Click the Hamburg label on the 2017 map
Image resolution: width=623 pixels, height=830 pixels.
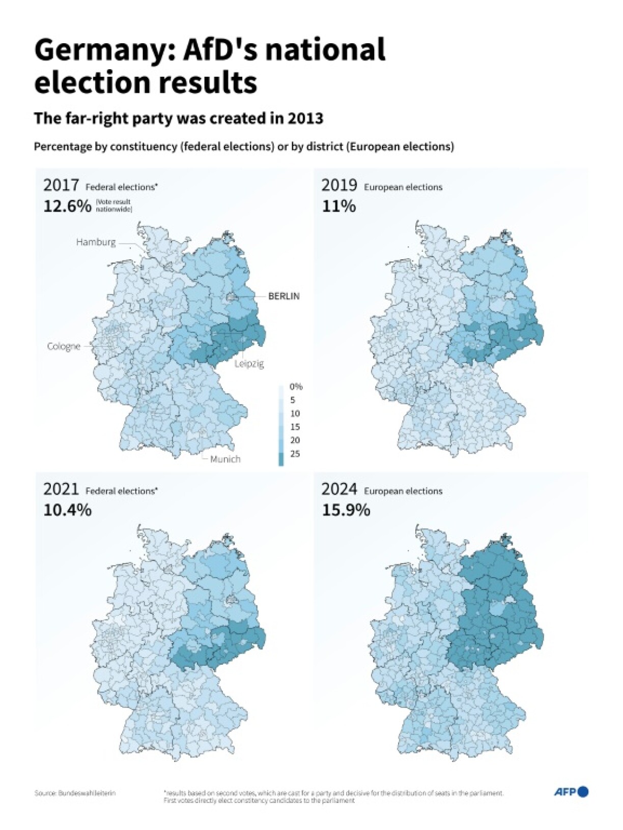coord(96,242)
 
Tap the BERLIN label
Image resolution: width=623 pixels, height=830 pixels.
coord(284,296)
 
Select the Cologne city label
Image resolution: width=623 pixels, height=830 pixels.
coord(64,346)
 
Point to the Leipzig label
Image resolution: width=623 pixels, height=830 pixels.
coord(249,364)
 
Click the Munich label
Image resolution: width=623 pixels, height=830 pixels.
coord(225,459)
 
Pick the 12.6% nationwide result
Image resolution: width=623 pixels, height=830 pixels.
coord(67,206)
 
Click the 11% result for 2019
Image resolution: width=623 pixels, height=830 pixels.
coord(338,206)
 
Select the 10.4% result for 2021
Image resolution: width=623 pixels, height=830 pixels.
coord(67,510)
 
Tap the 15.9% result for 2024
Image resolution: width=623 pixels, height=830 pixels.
coord(346,510)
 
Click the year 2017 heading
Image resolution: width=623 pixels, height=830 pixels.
coord(61,185)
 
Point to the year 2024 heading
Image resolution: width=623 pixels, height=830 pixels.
coord(339,489)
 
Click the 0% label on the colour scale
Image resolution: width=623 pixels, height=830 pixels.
coord(296,387)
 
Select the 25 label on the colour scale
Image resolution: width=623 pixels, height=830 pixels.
coord(295,454)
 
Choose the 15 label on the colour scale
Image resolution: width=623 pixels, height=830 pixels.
coord(295,427)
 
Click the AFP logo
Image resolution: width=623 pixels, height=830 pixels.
coord(571,791)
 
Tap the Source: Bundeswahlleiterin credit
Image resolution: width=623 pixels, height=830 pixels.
coord(75,793)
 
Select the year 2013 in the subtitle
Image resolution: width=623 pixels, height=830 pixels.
coord(305,118)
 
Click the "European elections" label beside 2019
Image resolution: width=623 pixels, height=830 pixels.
coord(403,187)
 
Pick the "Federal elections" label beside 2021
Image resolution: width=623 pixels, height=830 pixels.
coord(121,491)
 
